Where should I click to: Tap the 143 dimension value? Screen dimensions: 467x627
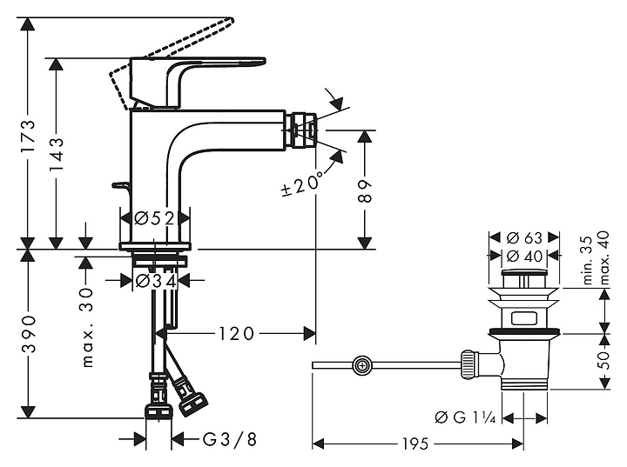57,156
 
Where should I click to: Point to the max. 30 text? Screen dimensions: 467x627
86,326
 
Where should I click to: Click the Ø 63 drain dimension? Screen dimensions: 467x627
522,237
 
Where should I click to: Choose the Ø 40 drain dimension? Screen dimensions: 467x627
522,256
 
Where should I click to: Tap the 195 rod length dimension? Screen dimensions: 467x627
416,444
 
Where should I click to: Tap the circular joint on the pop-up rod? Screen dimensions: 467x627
361,366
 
